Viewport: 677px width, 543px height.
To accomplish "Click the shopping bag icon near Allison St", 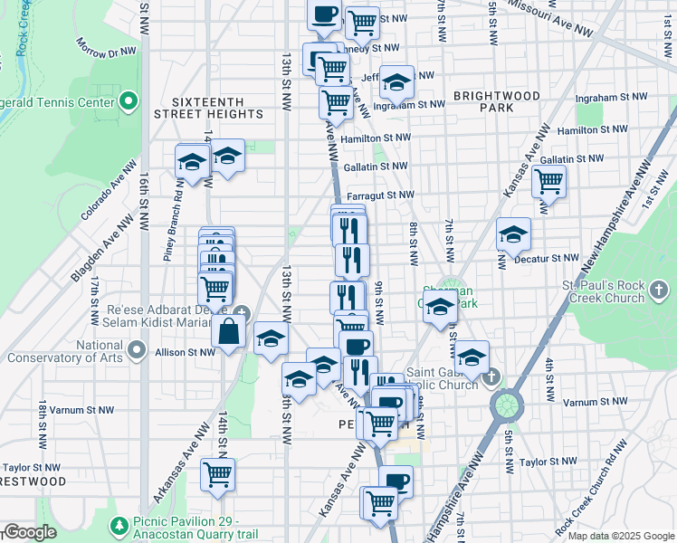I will [x=229, y=332].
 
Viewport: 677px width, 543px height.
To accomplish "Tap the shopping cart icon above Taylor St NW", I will [x=217, y=473].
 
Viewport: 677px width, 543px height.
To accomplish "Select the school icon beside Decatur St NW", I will [x=513, y=235].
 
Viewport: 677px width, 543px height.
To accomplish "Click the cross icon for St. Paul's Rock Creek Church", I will [x=660, y=291].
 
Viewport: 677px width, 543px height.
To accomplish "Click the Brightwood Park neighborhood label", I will [x=497, y=101].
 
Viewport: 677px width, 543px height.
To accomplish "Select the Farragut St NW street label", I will [x=379, y=195].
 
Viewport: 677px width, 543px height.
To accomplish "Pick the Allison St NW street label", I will [x=185, y=352].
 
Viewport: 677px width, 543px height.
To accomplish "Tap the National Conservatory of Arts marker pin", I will [x=137, y=349].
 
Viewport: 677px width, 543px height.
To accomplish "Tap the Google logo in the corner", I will [x=31, y=532].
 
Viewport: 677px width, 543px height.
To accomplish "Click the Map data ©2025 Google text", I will [x=620, y=536].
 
